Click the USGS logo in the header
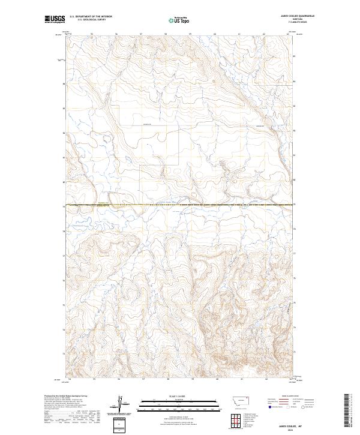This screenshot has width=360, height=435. tap(54, 20)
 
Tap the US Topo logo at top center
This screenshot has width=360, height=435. tap(180, 20)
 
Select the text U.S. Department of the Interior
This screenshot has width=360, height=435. tap(91, 17)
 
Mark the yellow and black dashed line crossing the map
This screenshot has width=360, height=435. tap(180, 206)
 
